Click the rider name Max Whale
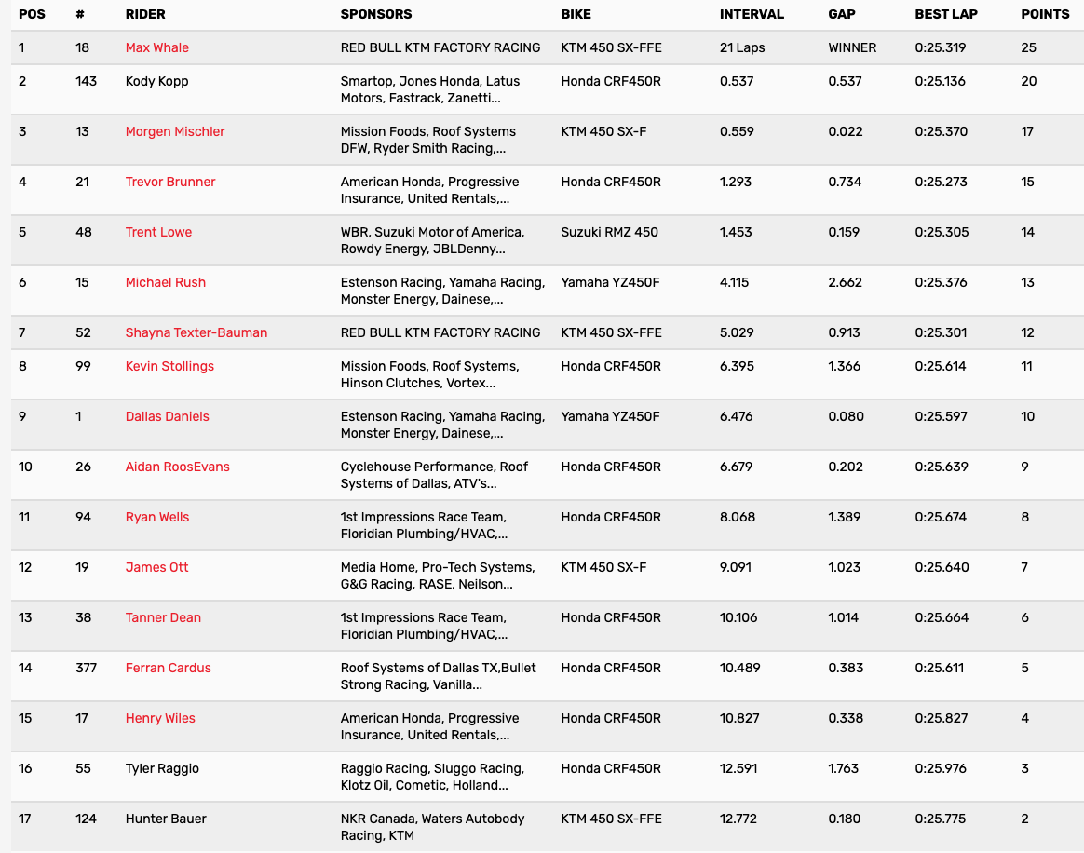point(156,47)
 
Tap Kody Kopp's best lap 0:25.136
point(940,81)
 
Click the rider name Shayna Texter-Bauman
point(196,332)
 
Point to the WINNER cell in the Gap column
point(852,47)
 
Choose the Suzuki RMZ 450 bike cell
point(609,232)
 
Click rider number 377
point(88,668)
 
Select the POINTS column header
point(1045,14)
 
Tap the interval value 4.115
point(737,282)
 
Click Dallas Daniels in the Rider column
point(167,416)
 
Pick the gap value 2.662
point(845,282)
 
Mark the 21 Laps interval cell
point(742,47)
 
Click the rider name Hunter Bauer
point(166,819)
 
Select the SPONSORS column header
point(376,14)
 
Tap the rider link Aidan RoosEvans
point(177,467)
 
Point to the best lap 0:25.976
point(942,768)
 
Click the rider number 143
point(86,81)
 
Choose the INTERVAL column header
point(752,14)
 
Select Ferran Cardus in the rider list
point(168,668)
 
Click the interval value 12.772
point(738,819)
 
